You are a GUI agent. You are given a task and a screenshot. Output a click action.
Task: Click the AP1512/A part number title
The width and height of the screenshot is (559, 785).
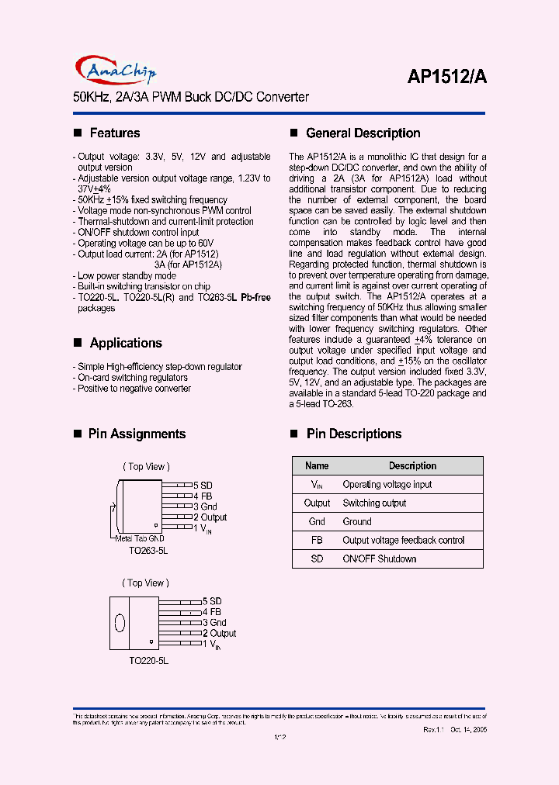click(x=446, y=76)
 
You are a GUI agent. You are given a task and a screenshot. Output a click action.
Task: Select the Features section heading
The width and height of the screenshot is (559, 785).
click(x=114, y=133)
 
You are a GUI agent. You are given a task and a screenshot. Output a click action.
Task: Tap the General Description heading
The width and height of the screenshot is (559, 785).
click(x=363, y=133)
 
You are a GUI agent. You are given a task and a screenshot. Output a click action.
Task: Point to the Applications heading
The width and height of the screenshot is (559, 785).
click(x=125, y=343)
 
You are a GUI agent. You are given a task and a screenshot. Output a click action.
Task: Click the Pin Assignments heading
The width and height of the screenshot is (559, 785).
click(x=137, y=434)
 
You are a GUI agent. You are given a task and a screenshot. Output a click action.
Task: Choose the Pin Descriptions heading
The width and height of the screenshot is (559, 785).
click(x=353, y=434)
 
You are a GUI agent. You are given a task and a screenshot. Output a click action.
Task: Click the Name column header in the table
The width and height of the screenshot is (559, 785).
click(x=317, y=466)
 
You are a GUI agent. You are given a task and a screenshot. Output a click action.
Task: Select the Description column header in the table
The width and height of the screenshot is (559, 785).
click(x=412, y=466)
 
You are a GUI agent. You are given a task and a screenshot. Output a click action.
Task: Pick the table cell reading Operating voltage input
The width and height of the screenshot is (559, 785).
click(x=387, y=485)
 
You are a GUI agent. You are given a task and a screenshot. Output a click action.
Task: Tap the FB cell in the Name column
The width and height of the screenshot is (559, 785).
click(x=317, y=541)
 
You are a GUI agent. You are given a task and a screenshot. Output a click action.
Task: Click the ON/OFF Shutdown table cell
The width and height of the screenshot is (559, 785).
click(x=379, y=559)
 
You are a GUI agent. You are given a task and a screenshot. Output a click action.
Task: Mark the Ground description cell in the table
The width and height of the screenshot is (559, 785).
click(x=357, y=522)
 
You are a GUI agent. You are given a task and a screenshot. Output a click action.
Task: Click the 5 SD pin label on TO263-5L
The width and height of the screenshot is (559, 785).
click(x=203, y=485)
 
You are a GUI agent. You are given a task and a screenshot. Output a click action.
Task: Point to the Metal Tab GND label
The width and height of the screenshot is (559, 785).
click(x=140, y=538)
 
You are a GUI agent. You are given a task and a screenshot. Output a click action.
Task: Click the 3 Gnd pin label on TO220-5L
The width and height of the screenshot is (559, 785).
click(x=214, y=623)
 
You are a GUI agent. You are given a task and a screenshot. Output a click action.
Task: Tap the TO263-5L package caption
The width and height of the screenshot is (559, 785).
click(x=149, y=550)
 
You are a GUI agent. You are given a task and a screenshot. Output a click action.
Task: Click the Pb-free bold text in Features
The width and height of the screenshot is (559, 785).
click(x=255, y=298)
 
